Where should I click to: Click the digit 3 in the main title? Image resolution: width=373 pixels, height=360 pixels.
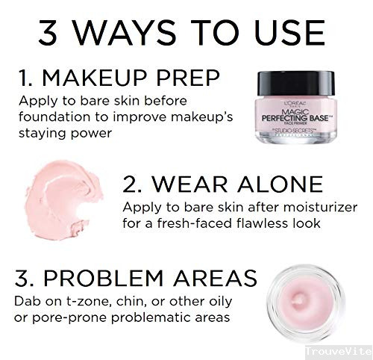pos(48,32)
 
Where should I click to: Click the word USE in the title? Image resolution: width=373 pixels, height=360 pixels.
pos(289,32)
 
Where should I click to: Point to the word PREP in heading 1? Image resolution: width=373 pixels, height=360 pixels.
pos(188,78)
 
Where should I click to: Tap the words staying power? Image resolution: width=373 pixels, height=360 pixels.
pos(65,133)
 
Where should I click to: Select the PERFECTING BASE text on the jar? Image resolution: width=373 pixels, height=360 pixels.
pos(295,118)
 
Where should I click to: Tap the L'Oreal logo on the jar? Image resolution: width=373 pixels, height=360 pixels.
pos(295,103)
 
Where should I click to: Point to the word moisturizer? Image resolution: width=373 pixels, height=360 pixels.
pos(320,207)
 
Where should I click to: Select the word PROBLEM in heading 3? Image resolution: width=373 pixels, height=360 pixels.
pos(103,278)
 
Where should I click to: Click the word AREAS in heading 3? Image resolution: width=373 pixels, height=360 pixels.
pos(215,278)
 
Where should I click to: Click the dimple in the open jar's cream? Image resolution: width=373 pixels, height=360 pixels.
pos(300,300)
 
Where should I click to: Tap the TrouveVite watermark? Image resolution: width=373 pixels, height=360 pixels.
pos(339,351)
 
